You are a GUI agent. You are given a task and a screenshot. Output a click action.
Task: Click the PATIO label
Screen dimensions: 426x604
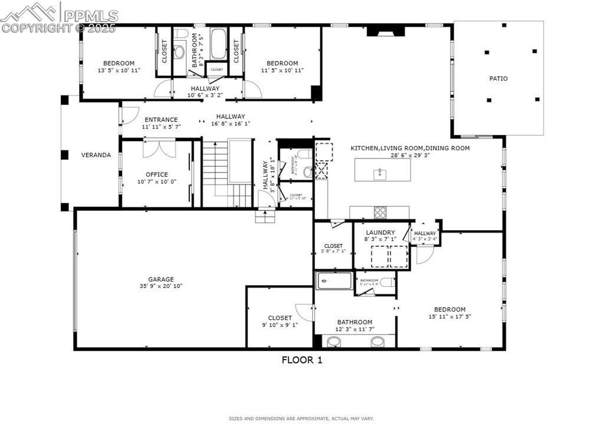498,78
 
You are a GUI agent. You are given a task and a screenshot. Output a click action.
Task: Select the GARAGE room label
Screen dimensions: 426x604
161,279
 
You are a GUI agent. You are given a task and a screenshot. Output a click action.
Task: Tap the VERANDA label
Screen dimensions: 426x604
96,155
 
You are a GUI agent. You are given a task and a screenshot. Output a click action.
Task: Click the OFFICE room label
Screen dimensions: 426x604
157,174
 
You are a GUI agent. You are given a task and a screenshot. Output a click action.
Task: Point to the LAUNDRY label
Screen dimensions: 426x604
380,233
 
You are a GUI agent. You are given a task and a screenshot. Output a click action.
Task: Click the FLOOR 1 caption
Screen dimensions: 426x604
301,360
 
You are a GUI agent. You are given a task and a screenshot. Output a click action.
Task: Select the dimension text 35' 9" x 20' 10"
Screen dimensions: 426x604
161,286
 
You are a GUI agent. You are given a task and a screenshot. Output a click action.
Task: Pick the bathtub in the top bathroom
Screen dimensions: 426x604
218,44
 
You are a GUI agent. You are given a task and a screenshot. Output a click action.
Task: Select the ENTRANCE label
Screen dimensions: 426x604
161,120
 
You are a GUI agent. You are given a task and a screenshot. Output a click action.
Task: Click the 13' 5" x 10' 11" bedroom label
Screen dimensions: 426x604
119,63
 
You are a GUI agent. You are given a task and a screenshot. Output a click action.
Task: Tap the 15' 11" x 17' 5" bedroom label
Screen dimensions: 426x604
449,309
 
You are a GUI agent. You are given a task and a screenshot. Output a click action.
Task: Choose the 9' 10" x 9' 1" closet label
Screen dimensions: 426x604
280,318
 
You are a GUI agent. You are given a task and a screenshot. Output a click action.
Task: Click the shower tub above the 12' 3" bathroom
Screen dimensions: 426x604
334,280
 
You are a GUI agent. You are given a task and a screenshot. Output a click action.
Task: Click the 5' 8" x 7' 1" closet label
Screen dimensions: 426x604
333,246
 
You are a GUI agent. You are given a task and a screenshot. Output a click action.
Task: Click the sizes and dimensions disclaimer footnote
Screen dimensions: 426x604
301,418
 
